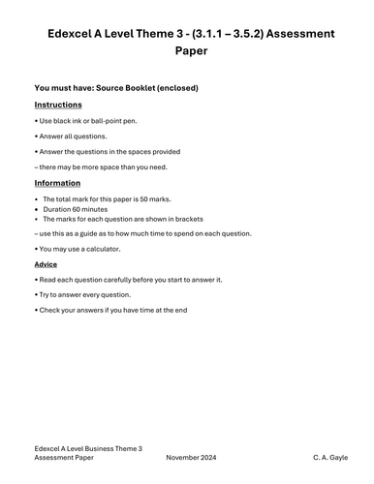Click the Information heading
point(57,183)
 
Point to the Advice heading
point(46,263)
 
